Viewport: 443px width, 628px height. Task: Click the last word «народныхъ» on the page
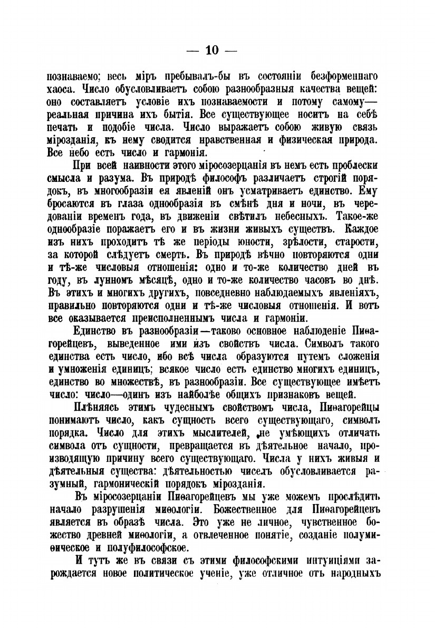tap(358, 572)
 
